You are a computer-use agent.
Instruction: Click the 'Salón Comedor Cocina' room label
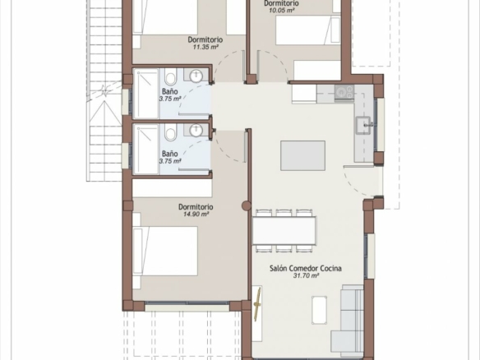(x=306, y=269)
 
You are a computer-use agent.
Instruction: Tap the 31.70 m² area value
(x=306, y=276)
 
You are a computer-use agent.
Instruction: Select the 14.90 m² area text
(x=196, y=214)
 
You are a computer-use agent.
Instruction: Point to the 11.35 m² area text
(x=205, y=47)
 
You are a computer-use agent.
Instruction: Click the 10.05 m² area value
(x=282, y=10)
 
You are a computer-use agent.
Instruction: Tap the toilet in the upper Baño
(x=170, y=76)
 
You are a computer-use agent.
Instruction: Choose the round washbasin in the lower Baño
(x=196, y=131)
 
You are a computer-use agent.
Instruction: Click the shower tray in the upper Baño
(x=146, y=93)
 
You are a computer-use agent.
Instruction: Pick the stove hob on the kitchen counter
(x=344, y=92)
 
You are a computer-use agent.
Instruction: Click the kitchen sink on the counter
(x=363, y=125)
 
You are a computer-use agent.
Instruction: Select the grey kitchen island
(x=302, y=155)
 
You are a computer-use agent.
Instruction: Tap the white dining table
(x=284, y=230)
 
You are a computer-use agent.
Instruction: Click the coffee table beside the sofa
(x=319, y=310)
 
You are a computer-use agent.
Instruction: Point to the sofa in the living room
(x=348, y=321)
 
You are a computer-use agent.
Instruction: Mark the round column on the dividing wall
(x=246, y=205)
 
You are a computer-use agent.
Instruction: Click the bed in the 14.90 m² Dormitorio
(x=165, y=251)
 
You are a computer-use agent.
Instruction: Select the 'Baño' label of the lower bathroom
(x=170, y=154)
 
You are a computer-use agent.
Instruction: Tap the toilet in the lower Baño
(x=170, y=132)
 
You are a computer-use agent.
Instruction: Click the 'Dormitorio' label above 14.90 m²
(x=196, y=207)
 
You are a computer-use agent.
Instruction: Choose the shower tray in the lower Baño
(x=146, y=149)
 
